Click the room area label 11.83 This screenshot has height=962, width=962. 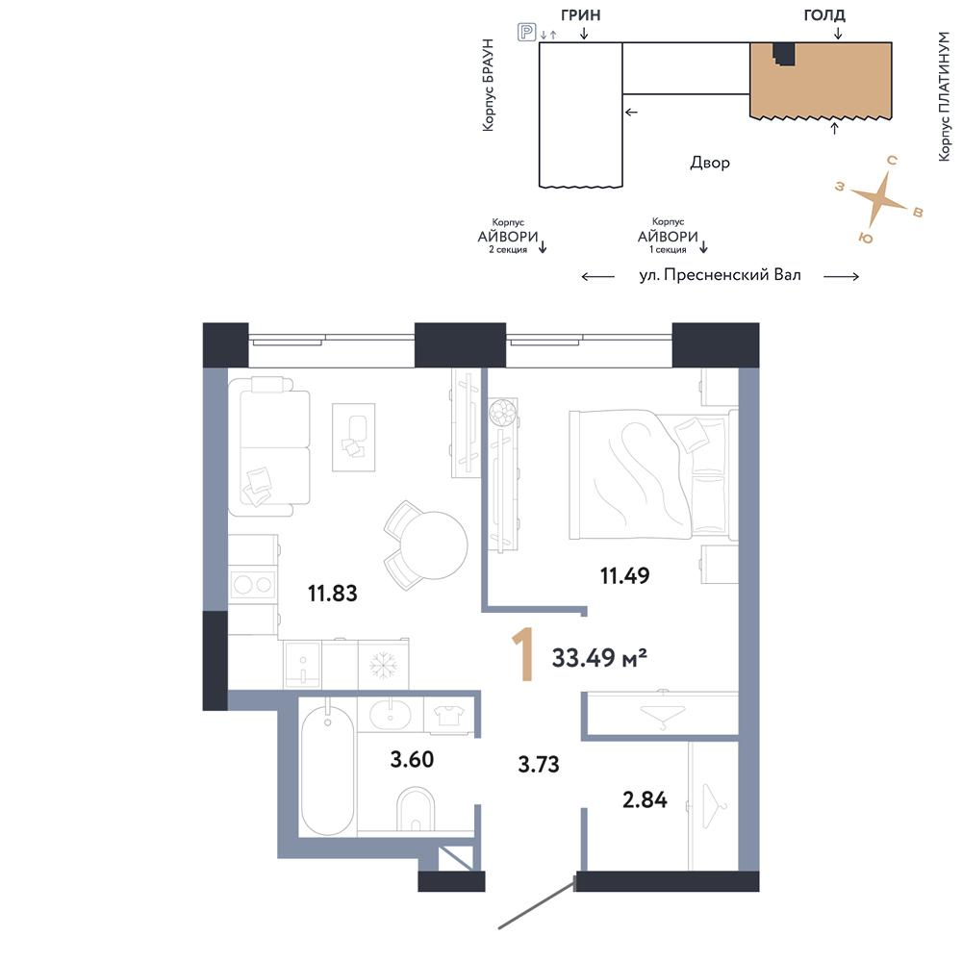[332, 594]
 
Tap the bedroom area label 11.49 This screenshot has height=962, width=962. [624, 575]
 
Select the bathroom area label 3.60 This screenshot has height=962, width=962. [413, 760]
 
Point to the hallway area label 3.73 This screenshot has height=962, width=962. [539, 765]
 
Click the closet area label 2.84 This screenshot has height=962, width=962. [645, 800]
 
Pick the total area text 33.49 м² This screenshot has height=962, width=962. [599, 658]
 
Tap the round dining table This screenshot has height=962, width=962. [434, 544]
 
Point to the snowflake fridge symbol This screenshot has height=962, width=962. [384, 666]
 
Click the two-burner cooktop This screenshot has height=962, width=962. [252, 585]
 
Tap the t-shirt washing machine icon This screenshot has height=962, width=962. [448, 716]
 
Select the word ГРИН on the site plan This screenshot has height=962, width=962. [580, 15]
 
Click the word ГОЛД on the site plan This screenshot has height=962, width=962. [824, 14]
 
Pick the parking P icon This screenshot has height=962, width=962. [526, 32]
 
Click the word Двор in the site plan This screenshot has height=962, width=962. [710, 163]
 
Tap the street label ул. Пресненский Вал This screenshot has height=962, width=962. [721, 275]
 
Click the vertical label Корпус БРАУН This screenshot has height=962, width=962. [488, 85]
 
